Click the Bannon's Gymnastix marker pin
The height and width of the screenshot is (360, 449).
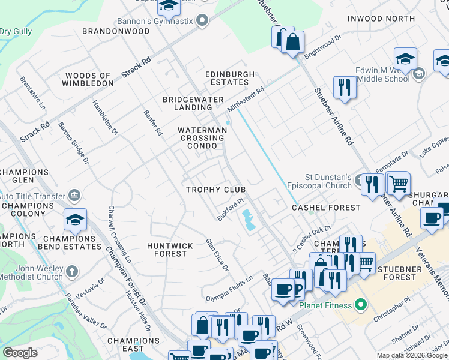click(202, 21)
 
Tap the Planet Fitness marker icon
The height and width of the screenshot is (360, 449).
click(360, 305)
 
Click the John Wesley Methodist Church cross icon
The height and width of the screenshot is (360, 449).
click(72, 271)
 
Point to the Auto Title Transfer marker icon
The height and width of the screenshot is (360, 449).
click(74, 195)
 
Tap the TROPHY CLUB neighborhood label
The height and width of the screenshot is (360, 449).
click(216, 190)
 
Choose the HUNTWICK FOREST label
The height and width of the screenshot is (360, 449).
click(170, 250)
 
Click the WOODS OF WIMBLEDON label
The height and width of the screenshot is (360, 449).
click(88, 80)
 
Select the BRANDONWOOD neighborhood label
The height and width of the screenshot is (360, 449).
click(116, 31)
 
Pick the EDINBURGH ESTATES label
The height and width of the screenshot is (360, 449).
click(231, 78)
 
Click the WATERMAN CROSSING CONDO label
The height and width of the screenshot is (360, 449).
click(202, 137)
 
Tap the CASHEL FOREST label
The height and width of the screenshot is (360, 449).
click(326, 208)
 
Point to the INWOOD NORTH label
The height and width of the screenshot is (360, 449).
click(381, 19)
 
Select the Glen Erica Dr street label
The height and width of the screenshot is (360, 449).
click(217, 254)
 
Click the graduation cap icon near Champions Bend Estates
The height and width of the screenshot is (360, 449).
click(75, 220)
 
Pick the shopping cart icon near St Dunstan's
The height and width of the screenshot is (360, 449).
click(398, 182)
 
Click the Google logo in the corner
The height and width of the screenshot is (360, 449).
click(20, 352)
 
